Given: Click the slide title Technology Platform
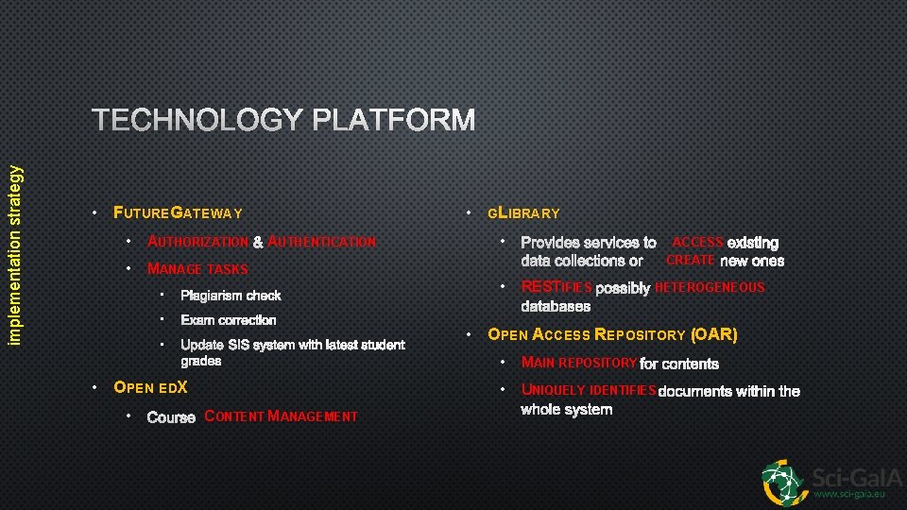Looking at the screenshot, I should (x=283, y=121).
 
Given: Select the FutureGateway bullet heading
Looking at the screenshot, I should (x=178, y=213).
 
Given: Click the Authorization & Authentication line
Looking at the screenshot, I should (x=262, y=243).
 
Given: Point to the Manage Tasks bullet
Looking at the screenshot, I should (x=197, y=269).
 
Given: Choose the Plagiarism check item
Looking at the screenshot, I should (x=231, y=296).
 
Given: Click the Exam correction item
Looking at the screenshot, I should (x=229, y=320).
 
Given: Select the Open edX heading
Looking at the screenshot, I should (x=150, y=387).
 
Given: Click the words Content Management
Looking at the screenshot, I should (x=281, y=416).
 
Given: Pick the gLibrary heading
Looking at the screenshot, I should (x=523, y=213).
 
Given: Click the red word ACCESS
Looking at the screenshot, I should (x=697, y=243).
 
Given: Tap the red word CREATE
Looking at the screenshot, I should (x=691, y=261).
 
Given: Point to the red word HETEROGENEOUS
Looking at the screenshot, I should (x=710, y=287).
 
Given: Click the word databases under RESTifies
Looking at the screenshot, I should (x=556, y=306).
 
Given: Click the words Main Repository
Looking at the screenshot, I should (x=578, y=364).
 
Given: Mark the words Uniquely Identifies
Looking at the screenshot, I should (x=588, y=390).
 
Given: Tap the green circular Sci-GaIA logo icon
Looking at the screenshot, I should (x=785, y=482).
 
